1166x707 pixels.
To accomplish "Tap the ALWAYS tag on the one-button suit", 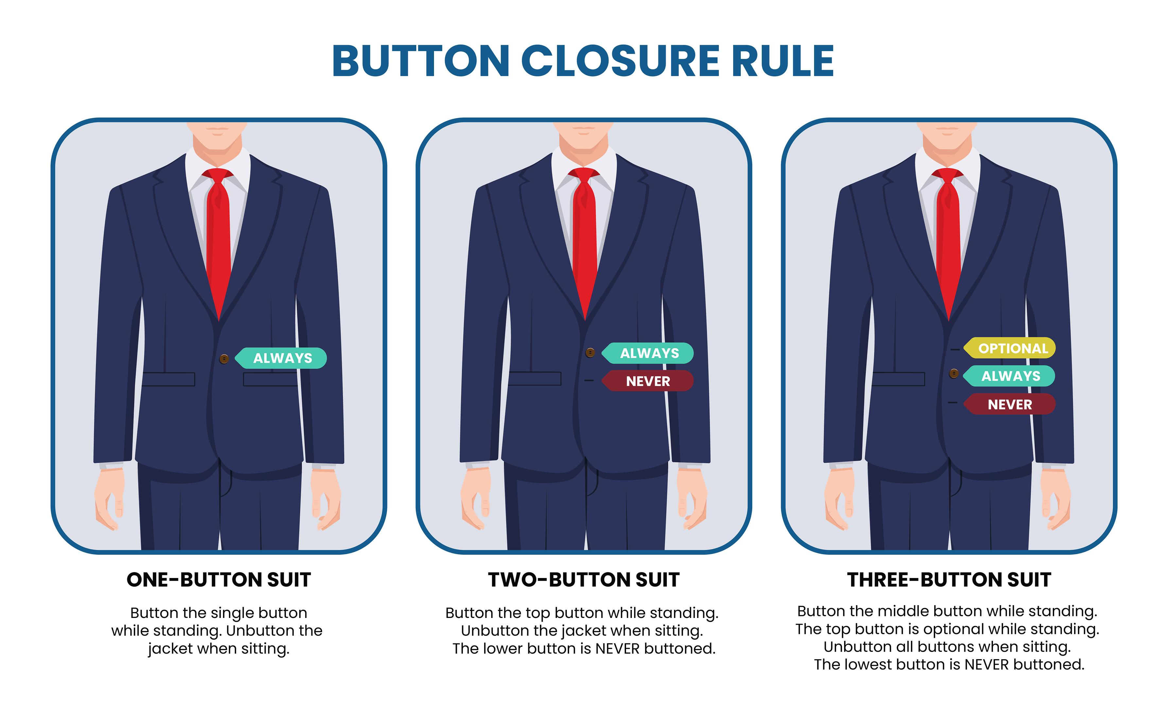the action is (x=281, y=358).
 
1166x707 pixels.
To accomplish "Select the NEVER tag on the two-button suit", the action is (x=647, y=381).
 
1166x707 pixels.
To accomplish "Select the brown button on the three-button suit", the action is (x=954, y=373).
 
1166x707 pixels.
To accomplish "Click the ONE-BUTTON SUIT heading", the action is (x=218, y=580).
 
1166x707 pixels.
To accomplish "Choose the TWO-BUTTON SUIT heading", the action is (x=584, y=580).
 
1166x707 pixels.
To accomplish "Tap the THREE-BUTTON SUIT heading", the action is (x=949, y=580).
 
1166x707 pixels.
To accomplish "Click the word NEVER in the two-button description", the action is (x=617, y=649).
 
